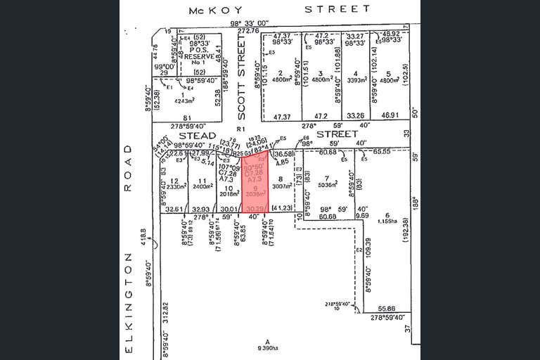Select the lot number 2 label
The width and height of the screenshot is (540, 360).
pyautogui.click(x=280, y=73)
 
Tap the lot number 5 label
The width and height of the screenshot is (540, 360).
pyautogui.click(x=388, y=73)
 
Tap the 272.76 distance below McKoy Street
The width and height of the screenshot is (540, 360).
pyautogui.click(x=247, y=31)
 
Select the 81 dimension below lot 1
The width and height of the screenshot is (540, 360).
pyautogui.click(x=187, y=117)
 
